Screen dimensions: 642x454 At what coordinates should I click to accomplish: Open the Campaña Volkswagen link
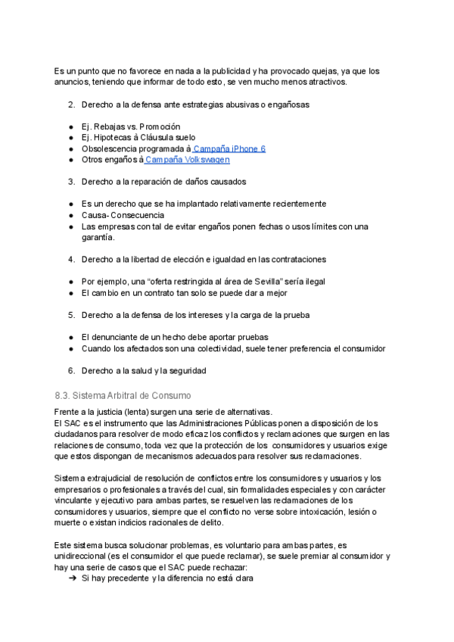[188, 160]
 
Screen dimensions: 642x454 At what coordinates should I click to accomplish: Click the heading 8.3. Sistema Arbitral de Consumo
[123, 395]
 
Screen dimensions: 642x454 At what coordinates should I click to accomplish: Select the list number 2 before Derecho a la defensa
[71, 104]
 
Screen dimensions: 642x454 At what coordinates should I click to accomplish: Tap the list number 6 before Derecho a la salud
[71, 371]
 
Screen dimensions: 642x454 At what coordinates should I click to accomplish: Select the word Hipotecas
[113, 138]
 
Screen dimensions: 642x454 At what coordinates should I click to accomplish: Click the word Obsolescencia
[110, 149]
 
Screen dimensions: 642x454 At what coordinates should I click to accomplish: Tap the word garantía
[98, 237]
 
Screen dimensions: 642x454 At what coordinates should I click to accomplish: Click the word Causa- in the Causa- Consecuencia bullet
[98, 215]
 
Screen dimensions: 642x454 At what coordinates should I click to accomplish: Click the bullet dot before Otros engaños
[70, 160]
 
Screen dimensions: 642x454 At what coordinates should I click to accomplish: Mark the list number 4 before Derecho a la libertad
[71, 260]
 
